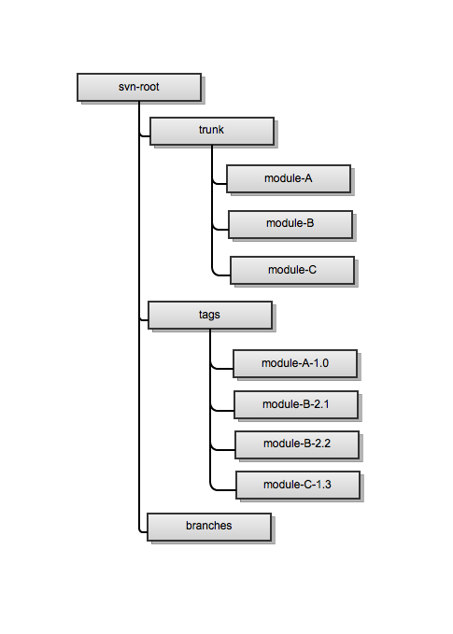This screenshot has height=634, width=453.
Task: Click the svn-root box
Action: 137,87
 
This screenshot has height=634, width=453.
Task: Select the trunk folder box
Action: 211,131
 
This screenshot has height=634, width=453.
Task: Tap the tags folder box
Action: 209,315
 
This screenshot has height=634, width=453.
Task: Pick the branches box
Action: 208,527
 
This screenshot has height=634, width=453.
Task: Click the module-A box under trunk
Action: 289,178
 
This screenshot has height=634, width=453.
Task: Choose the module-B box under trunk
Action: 290,224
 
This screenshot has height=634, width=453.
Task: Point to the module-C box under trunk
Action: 291,271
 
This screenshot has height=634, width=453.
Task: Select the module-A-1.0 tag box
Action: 295,362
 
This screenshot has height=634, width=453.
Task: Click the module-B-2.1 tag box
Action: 295,404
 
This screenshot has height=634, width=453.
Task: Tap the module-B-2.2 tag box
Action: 297,444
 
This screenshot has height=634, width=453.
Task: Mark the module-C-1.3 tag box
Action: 297,485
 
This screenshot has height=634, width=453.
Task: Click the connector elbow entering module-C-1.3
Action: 214,487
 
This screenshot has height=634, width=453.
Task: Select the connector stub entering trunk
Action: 144,136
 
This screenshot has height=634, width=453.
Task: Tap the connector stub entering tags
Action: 143,320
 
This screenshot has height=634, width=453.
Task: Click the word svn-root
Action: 137,87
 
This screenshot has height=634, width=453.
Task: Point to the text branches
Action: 208,526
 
